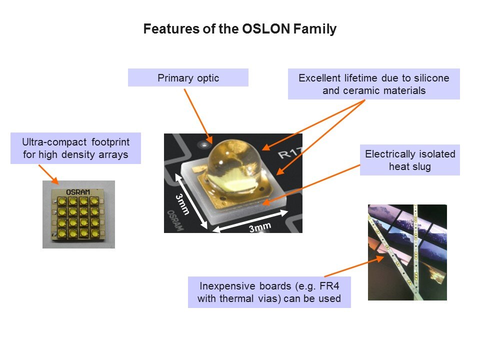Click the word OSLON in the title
tap(265, 29)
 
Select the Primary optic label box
tap(188, 77)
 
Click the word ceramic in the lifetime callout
tap(361, 90)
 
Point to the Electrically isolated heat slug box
tap(410, 160)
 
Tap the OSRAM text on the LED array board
tap(78, 192)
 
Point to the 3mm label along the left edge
tap(182, 204)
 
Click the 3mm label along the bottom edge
tap(260, 227)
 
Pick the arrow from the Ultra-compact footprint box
tap(48, 174)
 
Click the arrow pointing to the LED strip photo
tap(354, 266)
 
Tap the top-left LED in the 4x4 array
tap(62, 201)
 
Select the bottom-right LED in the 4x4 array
tap(94, 233)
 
